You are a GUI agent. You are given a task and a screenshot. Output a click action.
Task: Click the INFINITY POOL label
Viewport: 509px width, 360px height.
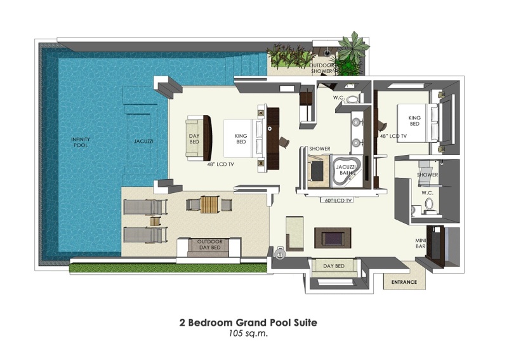pos(81,142)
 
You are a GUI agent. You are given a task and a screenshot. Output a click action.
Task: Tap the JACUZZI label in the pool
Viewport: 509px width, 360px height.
pos(143,142)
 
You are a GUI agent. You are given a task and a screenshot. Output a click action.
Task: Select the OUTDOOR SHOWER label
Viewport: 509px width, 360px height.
pos(322,68)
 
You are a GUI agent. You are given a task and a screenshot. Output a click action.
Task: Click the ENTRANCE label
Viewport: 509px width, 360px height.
pos(404,282)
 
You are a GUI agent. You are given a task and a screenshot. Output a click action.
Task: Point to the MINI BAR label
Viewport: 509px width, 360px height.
pos(420,243)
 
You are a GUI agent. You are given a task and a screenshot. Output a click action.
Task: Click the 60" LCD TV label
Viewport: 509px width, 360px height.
pos(338,201)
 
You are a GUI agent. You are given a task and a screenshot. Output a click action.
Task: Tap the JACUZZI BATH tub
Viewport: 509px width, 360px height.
pos(347,170)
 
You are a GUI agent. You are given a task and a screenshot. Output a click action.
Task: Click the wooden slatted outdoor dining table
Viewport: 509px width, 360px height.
pos(209,204)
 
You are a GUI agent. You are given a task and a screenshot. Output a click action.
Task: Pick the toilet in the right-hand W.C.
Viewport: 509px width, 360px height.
pos(429,205)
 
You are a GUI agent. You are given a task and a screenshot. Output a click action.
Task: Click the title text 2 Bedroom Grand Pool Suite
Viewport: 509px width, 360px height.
pos(248,323)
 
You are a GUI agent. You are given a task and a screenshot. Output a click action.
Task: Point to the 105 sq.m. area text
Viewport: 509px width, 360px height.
pos(248,333)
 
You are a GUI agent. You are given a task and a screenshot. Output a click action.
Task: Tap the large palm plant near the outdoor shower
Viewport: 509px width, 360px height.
pos(353,46)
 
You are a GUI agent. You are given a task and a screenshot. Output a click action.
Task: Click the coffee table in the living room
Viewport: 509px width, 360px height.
pos(333,238)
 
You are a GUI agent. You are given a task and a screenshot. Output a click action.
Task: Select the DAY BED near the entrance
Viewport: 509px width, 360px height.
pos(334,268)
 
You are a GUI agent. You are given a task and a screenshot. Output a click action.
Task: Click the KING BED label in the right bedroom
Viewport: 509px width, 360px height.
pos(414,121)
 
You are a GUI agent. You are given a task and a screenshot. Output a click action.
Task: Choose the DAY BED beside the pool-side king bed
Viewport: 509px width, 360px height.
pos(195,139)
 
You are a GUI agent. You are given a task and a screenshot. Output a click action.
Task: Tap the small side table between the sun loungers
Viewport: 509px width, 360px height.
pos(155,222)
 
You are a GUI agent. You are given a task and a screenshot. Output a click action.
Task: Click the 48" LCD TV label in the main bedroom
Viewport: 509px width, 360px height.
pos(220,164)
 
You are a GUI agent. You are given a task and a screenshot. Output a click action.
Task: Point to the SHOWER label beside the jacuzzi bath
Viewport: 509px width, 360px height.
pos(320,149)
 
